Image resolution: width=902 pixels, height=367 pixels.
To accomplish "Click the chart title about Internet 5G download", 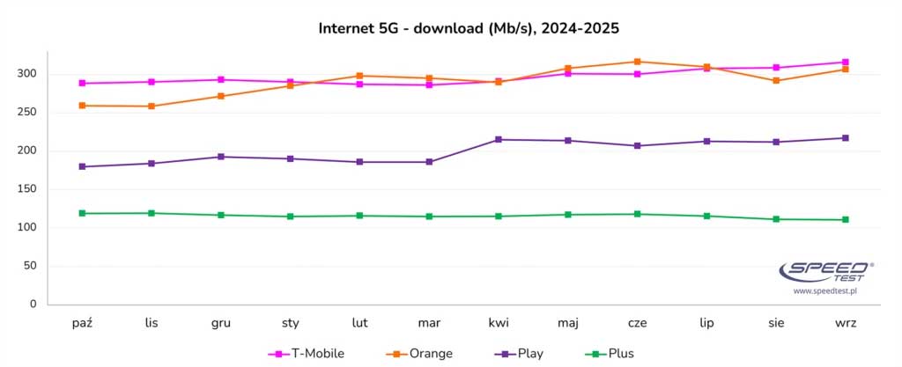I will (x=469, y=28).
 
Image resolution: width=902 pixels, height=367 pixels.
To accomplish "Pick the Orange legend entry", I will (x=419, y=354).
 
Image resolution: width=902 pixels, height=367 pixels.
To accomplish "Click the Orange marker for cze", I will (x=638, y=62).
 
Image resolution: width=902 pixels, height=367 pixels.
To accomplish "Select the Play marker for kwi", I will (x=499, y=140).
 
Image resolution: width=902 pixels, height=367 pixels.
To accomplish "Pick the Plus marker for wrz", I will (x=846, y=220).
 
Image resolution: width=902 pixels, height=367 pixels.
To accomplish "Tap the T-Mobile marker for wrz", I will (x=846, y=62).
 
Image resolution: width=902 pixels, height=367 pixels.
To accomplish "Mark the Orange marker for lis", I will (x=152, y=106).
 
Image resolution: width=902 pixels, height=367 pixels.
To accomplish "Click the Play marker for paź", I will (x=82, y=166).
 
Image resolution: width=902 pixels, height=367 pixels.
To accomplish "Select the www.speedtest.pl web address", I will (x=826, y=290).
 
